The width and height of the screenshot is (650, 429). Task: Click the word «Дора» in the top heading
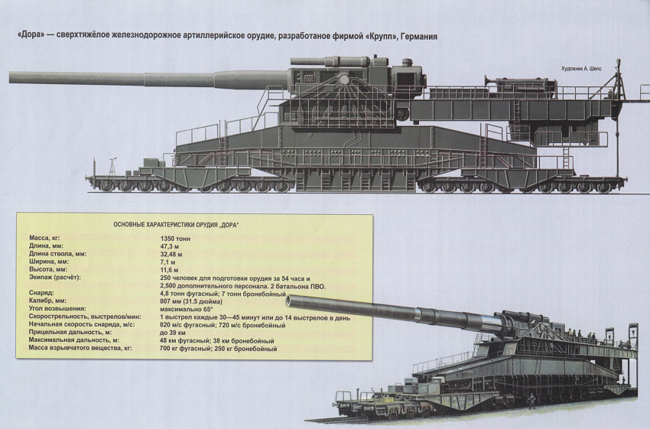[30, 36]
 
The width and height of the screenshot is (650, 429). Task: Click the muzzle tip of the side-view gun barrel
[11, 76]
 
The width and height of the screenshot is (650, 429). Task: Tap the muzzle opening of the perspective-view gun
[291, 301]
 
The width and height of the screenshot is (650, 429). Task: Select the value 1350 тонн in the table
[175, 239]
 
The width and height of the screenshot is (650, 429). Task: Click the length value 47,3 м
[171, 247]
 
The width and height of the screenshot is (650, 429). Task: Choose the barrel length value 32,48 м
[173, 255]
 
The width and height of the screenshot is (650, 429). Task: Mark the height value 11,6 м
[171, 270]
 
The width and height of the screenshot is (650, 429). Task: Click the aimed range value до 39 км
[174, 333]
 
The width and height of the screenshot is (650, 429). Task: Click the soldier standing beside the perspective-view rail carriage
[531, 401]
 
